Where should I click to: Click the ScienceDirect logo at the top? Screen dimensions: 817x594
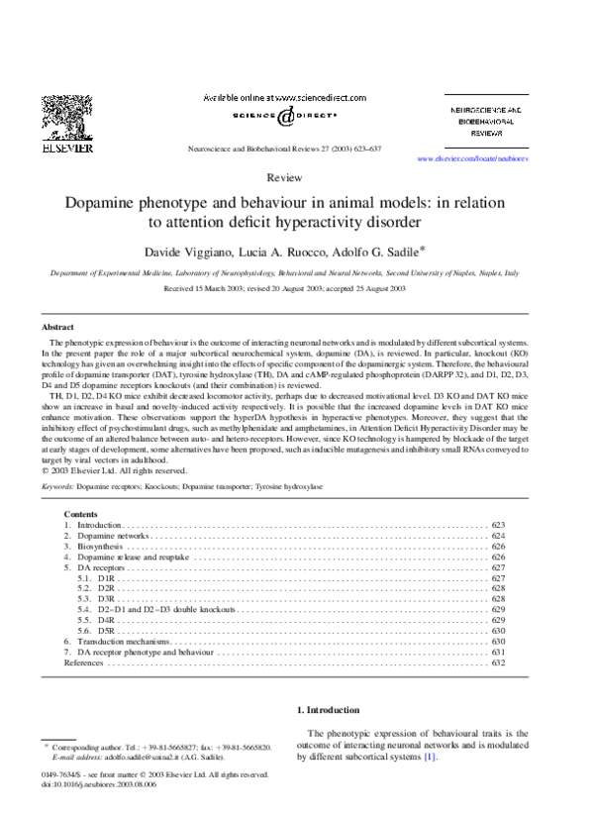[x=284, y=116]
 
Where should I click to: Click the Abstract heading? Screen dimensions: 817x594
[x=57, y=327]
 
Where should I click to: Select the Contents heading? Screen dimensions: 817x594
[x=81, y=514]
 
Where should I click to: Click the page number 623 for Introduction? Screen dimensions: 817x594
[x=498, y=525]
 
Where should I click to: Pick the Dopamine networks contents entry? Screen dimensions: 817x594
[x=112, y=536]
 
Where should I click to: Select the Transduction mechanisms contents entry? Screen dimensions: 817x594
[x=124, y=642]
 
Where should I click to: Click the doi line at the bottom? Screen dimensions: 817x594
[x=100, y=784]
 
